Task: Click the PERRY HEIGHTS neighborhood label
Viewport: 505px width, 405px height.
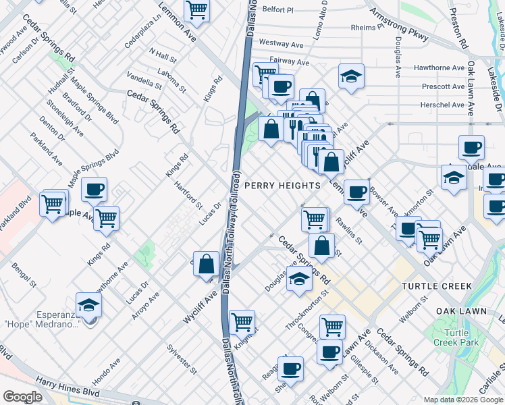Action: pyautogui.click(x=282, y=186)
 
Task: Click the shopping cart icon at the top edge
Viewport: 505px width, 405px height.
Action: pyautogui.click(x=196, y=10)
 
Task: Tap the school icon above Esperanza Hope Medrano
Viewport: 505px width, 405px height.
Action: pyautogui.click(x=88, y=305)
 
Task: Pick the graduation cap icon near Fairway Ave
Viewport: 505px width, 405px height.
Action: pyautogui.click(x=351, y=76)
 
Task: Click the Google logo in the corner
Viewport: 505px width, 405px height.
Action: pyautogui.click(x=22, y=397)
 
